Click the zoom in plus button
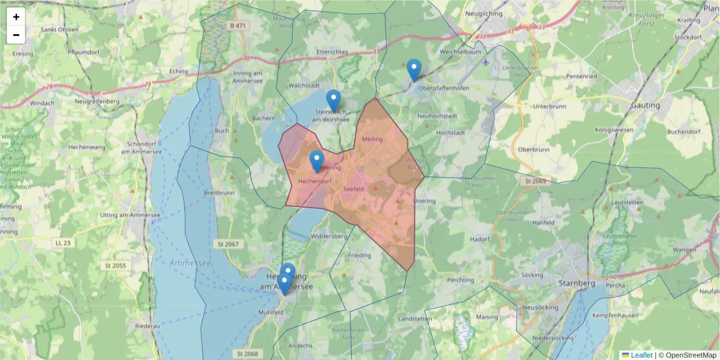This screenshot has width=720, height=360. click(x=16, y=17)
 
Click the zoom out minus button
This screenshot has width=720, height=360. click(x=16, y=35)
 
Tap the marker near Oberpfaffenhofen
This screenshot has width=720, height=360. click(x=414, y=70)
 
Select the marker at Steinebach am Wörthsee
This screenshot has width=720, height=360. click(x=334, y=100)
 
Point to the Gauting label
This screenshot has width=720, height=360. click(x=645, y=106)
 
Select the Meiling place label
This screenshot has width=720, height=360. click(x=373, y=139)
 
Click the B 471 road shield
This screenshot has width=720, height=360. click(x=238, y=25)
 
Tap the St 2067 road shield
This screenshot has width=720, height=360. click(x=226, y=244)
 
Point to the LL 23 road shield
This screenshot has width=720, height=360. click(x=62, y=243)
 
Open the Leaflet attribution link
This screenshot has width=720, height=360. click(x=641, y=355)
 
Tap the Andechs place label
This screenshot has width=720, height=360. click(x=300, y=346)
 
